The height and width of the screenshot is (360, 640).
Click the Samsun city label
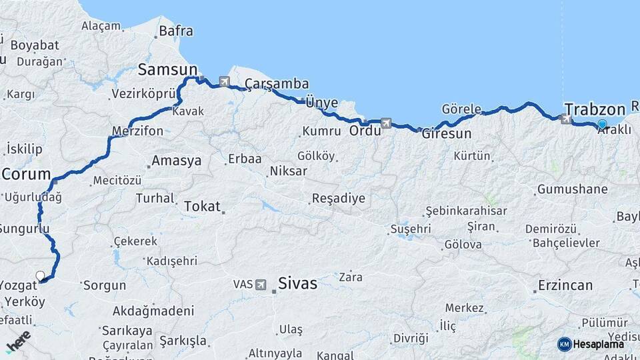(167, 69)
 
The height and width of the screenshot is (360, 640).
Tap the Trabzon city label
(594, 109)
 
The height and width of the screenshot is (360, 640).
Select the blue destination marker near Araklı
(602, 124)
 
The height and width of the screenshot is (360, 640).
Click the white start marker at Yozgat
(40, 275)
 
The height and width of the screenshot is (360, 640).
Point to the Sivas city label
(297, 283)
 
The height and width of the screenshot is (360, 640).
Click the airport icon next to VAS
(261, 284)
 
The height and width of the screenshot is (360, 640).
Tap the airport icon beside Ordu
(386, 123)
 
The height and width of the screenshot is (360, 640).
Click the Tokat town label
(202, 207)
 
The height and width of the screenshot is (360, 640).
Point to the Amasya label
(176, 161)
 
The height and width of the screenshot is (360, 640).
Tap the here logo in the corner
(18, 340)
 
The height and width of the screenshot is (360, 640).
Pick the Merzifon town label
(138, 131)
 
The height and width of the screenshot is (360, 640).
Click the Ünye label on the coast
(321, 103)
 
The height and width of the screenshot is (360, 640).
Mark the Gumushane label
(573, 189)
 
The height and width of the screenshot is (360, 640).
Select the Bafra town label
(177, 31)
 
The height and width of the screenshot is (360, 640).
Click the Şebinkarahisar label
(467, 211)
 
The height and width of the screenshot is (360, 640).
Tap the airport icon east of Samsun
(224, 81)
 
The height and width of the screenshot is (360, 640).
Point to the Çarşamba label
(277, 84)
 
